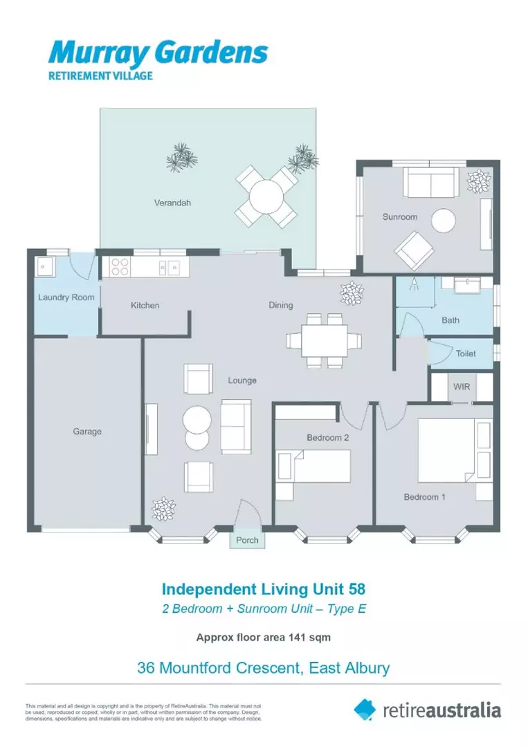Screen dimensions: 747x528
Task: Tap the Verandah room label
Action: (x=172, y=203)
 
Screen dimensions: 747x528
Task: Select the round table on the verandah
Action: (x=267, y=197)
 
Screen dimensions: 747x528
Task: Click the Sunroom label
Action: (x=400, y=217)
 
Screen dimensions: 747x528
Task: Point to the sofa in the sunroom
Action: (x=430, y=183)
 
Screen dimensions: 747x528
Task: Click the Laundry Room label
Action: (x=66, y=297)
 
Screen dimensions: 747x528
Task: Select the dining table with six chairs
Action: (x=325, y=340)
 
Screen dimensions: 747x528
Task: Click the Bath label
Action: (x=450, y=320)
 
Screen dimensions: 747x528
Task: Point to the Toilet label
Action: (x=466, y=353)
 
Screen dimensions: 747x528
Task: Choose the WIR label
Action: (x=462, y=387)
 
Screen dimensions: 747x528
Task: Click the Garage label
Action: (x=87, y=432)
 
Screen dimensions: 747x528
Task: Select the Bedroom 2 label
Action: (x=327, y=437)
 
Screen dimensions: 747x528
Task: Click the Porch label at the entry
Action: (x=247, y=540)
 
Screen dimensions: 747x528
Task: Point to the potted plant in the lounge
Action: (x=164, y=508)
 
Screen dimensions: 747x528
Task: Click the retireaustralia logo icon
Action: (x=365, y=709)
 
